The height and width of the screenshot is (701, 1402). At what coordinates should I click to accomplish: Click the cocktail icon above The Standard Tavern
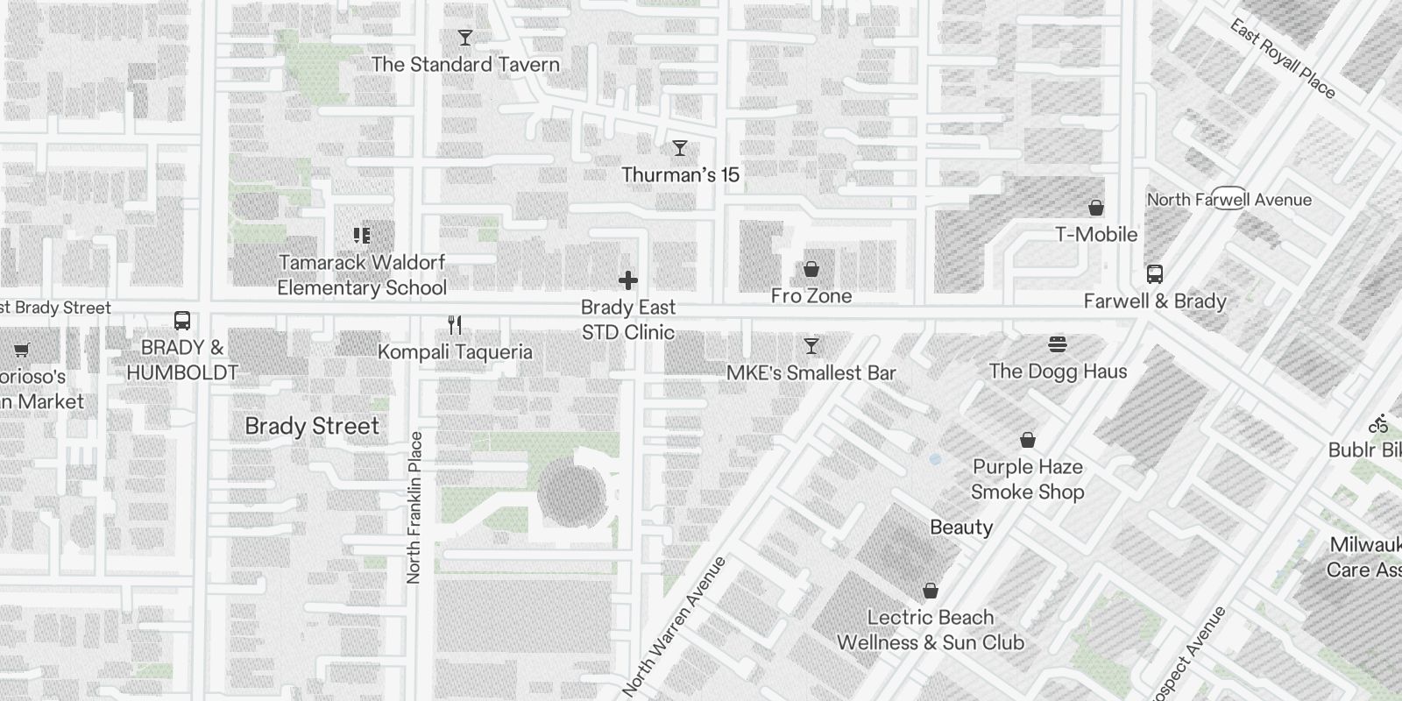465,38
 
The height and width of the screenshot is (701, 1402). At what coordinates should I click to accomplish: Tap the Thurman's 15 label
681,174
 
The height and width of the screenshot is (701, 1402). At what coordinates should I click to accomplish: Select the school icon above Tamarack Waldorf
362,235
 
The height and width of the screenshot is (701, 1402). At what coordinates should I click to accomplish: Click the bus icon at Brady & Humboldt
182,321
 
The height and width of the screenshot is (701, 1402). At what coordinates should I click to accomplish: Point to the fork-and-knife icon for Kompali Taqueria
455,325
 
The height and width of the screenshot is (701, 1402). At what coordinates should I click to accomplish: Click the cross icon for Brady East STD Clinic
628,280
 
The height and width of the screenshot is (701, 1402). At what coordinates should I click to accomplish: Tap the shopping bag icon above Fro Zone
811,268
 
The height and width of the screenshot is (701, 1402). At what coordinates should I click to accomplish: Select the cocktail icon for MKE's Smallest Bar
811,346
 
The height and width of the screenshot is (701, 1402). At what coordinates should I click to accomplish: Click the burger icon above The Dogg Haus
1058,344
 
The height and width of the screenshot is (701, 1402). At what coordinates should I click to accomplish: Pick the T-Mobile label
1096,234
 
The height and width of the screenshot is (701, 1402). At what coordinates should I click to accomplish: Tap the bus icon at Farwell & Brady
1155,273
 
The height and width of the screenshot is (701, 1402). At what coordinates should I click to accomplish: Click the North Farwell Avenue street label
1229,200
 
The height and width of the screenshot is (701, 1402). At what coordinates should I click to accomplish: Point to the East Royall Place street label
1283,59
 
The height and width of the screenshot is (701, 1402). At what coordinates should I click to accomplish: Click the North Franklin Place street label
414,507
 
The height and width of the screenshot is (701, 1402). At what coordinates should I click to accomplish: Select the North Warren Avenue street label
676,626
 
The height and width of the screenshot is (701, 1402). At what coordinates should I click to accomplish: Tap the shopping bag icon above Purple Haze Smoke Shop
1028,439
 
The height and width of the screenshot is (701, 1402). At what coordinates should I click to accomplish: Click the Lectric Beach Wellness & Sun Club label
931,629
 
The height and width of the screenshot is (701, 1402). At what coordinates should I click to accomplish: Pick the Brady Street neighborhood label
312,426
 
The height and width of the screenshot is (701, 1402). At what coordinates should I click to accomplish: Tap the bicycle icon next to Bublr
1380,424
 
